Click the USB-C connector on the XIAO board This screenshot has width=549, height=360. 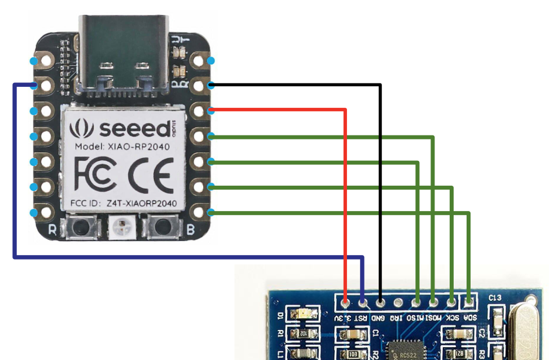click(124, 54)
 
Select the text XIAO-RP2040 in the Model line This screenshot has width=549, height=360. click(139, 146)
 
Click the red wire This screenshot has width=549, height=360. click(345, 197)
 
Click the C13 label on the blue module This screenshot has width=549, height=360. click(495, 297)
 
